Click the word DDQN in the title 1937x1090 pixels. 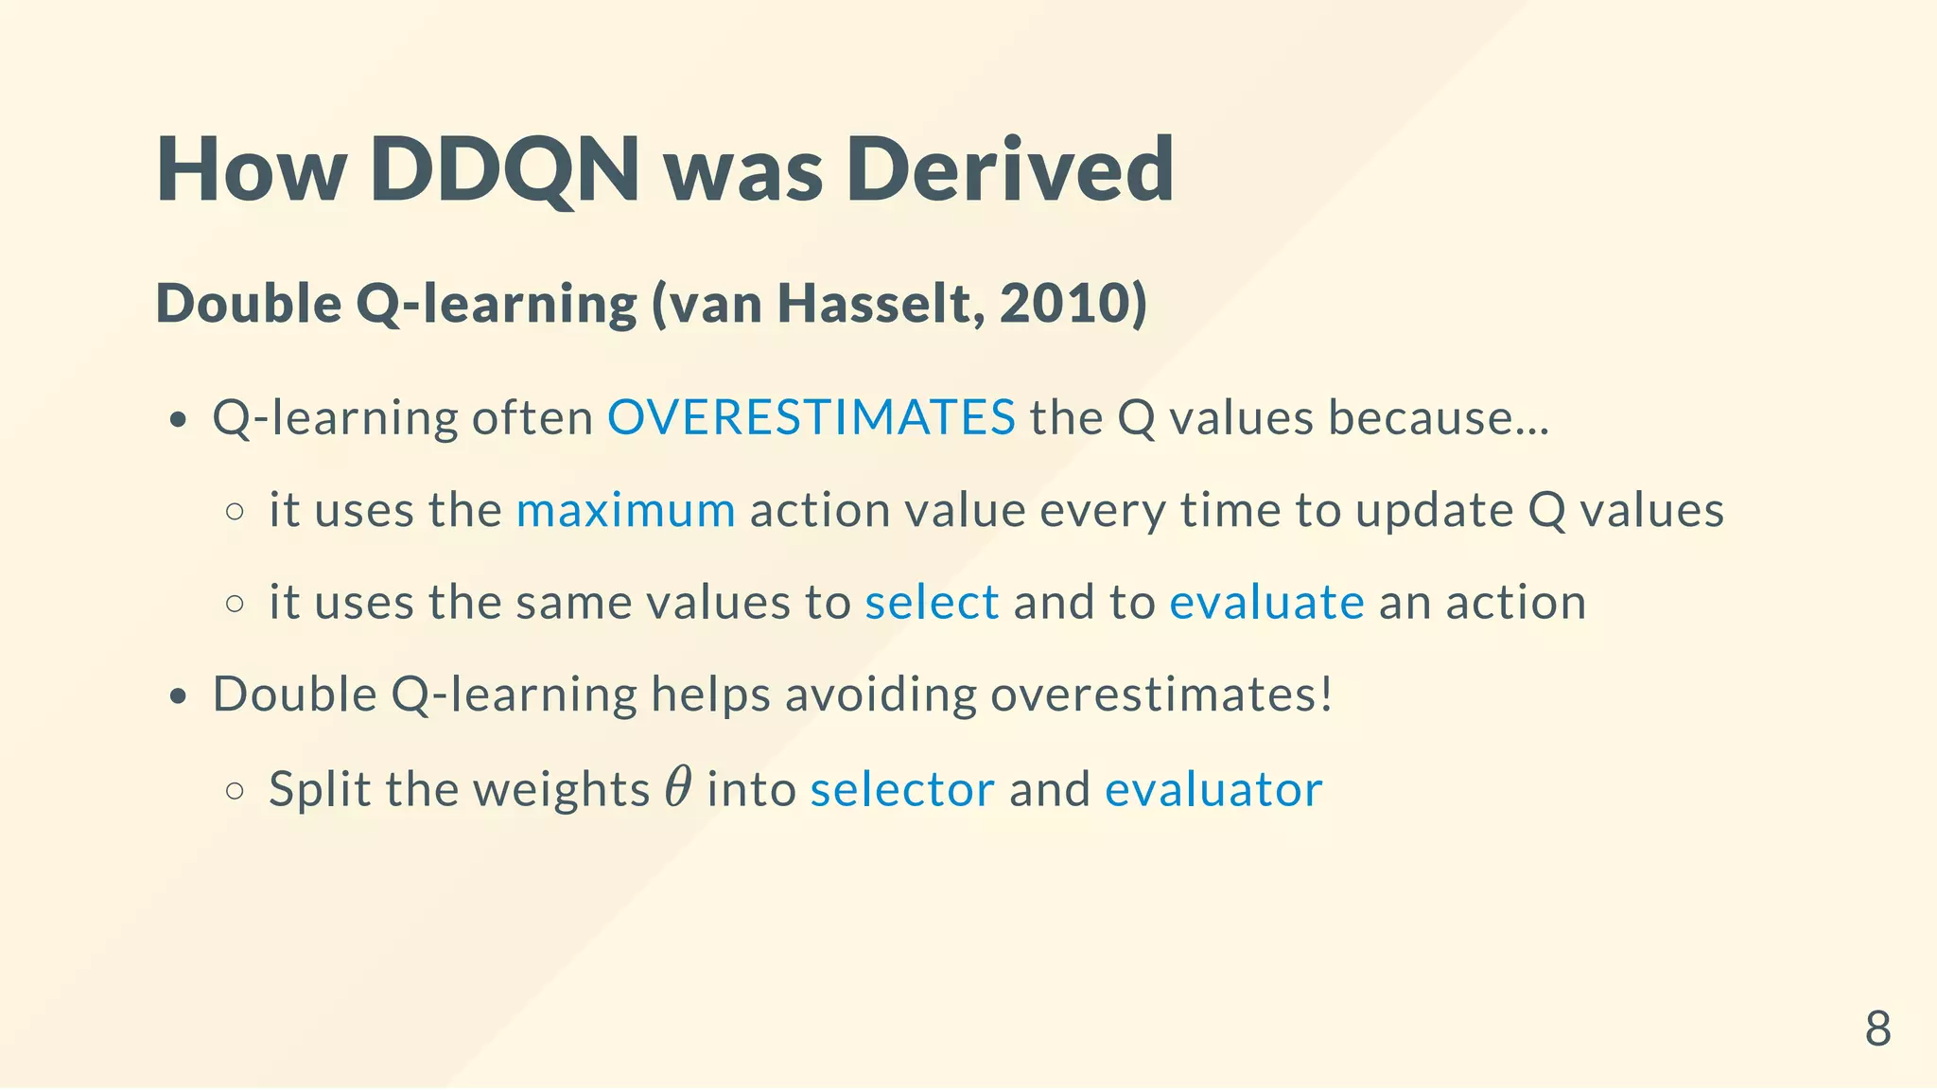coord(505,170)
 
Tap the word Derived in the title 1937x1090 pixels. coord(1009,170)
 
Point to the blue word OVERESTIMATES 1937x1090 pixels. coord(811,417)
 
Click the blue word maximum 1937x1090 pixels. coord(625,511)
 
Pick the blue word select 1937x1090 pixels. coord(932,603)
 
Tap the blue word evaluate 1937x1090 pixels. coord(1266,603)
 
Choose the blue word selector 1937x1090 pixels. coord(902,789)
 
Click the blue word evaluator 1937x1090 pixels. coord(1213,789)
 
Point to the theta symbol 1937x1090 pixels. coord(677,787)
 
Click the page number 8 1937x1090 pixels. coord(1877,1028)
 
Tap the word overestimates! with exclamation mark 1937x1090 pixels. coord(1161,694)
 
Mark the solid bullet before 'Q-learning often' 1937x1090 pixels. coord(178,420)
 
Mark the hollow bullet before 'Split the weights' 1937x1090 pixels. coord(236,791)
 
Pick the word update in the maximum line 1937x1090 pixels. coord(1435,511)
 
